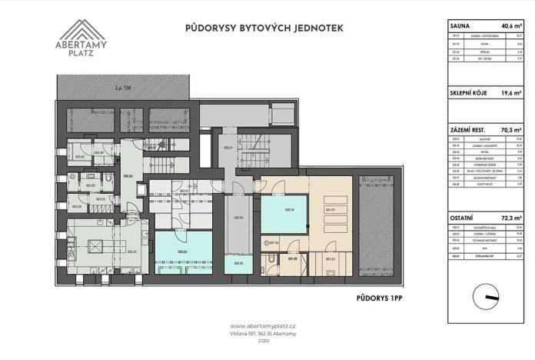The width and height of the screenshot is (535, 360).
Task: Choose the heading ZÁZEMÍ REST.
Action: (x=470, y=131)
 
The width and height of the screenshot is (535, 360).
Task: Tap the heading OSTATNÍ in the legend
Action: (x=464, y=220)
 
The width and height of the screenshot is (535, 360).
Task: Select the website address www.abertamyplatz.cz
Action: (x=267, y=325)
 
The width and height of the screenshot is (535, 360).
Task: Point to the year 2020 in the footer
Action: (x=267, y=342)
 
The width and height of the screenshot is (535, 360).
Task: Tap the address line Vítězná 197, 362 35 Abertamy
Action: (x=267, y=333)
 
